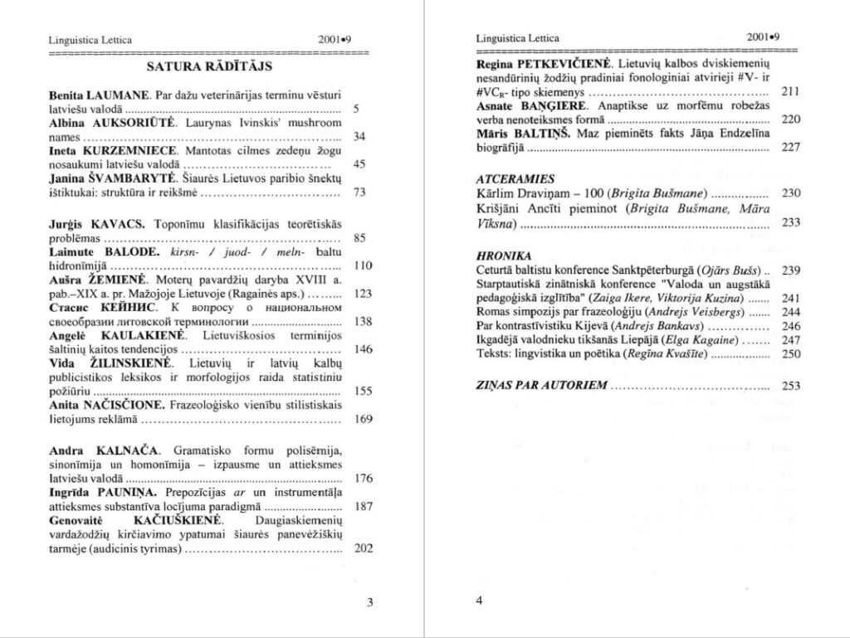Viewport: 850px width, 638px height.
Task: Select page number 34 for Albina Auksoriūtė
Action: pyautogui.click(x=359, y=136)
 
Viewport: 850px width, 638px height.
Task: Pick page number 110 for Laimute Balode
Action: pyautogui.click(x=362, y=265)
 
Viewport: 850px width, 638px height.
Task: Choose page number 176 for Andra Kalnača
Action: pyautogui.click(x=363, y=478)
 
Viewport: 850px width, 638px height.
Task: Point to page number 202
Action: pyautogui.click(x=363, y=548)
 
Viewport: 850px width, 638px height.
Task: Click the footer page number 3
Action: pyautogui.click(x=369, y=602)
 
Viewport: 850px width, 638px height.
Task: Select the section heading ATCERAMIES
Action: pyautogui.click(x=503, y=178)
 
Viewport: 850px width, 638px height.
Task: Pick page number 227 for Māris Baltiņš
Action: pyautogui.click(x=790, y=147)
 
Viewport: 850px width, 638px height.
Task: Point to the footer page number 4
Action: pyautogui.click(x=479, y=601)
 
